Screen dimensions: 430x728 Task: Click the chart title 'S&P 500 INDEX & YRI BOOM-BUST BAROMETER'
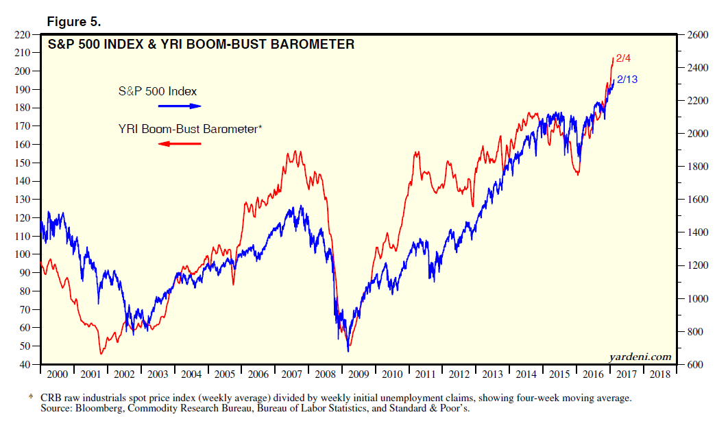pos(200,45)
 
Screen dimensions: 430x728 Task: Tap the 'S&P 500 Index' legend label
pos(158,91)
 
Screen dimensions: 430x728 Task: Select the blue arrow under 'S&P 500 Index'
pos(179,106)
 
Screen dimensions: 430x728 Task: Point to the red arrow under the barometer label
pos(179,143)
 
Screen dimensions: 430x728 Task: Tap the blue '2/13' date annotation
pos(627,80)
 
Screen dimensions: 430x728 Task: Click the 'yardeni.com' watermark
pos(640,357)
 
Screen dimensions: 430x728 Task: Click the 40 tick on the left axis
pos(25,365)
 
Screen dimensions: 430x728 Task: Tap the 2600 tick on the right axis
pos(693,35)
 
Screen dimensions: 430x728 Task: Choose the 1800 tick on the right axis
pos(693,167)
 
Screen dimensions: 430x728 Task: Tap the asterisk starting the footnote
pos(31,397)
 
